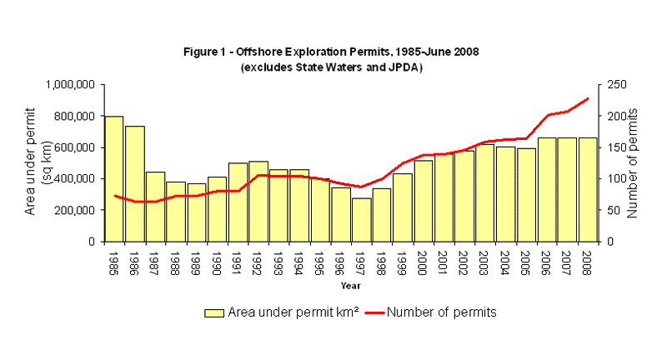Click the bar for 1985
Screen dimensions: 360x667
point(113,179)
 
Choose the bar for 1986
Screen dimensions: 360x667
point(134,183)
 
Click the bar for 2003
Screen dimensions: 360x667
point(485,192)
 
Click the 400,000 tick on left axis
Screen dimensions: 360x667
point(73,179)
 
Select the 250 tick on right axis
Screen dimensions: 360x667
point(615,85)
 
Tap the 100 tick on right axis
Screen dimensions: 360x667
point(615,179)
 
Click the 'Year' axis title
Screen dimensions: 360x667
point(350,286)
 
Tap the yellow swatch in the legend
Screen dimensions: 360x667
point(213,312)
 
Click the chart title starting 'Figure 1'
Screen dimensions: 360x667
point(331,52)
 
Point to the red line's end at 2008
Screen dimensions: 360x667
point(588,98)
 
